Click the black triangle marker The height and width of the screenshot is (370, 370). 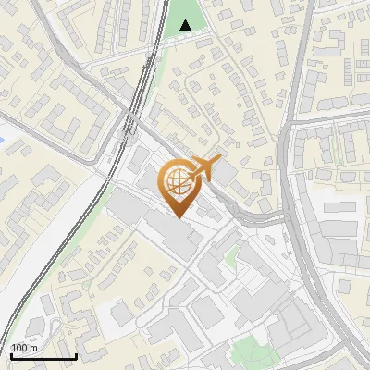tap(188, 25)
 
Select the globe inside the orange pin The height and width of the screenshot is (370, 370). tap(176, 179)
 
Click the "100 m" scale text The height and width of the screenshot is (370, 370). tap(24, 348)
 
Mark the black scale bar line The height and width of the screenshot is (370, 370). tap(43, 356)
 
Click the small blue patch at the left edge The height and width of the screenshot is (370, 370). tap(3, 140)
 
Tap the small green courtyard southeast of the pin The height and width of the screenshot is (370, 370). tap(230, 262)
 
